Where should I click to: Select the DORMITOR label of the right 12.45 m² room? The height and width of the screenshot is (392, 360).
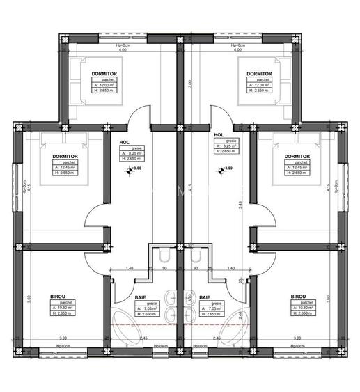(297, 157)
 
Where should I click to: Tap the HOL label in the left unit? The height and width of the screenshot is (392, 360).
(125, 142)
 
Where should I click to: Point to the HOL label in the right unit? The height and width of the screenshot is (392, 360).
(219, 135)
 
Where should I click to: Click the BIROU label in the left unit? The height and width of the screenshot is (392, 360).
(58, 296)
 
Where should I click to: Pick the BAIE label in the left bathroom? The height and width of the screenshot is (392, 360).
(140, 297)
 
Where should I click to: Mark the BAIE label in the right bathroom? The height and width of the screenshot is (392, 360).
(205, 297)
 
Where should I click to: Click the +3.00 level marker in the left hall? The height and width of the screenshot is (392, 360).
(135, 168)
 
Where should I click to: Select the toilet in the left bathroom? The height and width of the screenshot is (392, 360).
(159, 256)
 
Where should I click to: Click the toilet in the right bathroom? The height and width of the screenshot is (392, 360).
(200, 256)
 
